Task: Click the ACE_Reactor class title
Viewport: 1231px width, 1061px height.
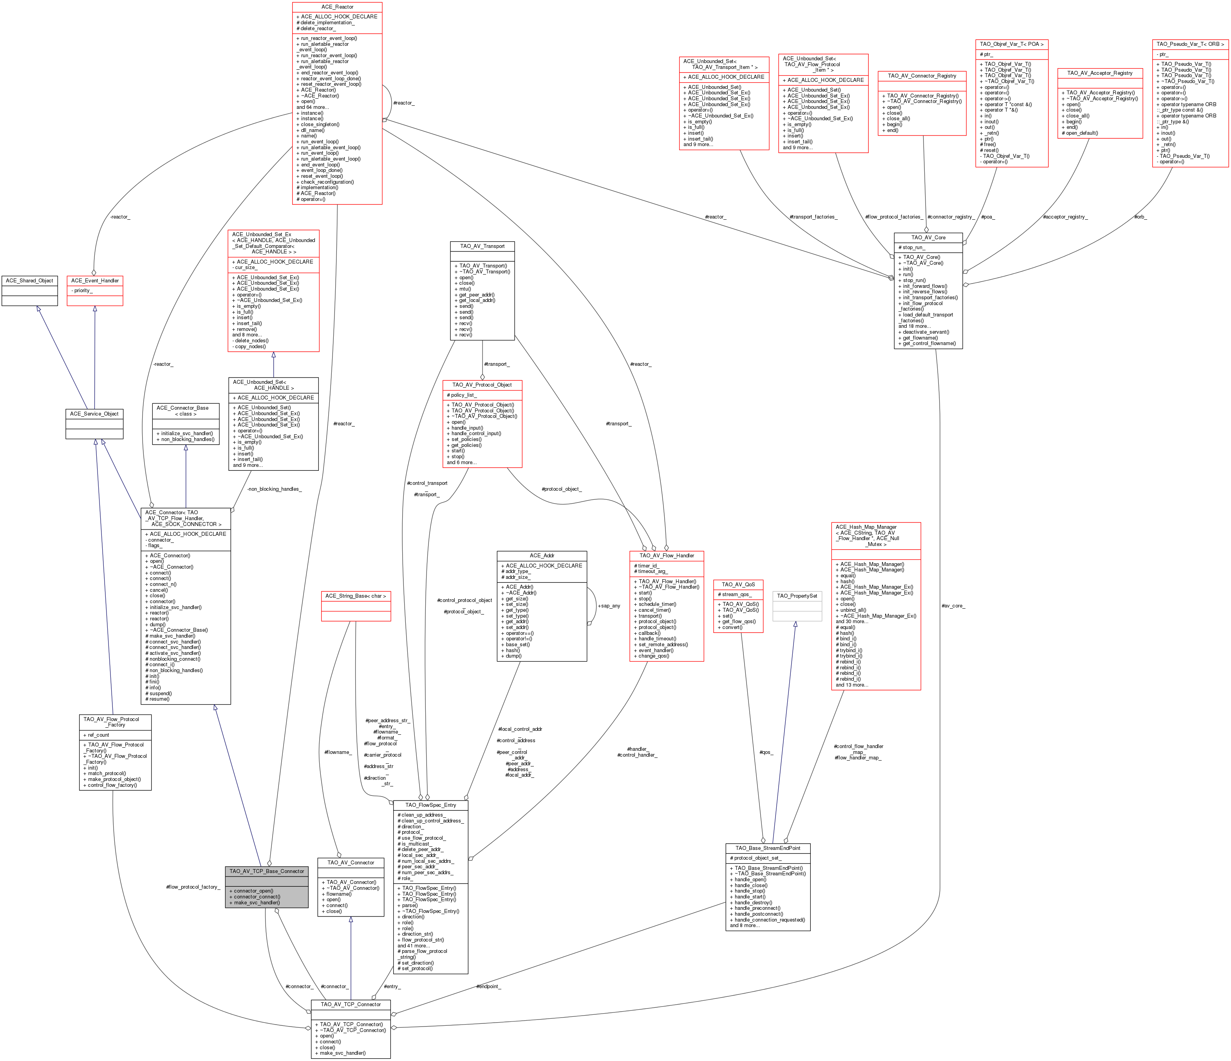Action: tap(337, 7)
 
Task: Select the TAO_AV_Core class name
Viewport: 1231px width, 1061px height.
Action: tap(928, 238)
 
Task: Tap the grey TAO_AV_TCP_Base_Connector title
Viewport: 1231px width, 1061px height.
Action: tap(267, 871)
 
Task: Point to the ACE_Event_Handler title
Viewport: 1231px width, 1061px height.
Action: tap(94, 280)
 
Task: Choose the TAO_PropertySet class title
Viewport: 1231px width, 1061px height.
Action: tap(797, 596)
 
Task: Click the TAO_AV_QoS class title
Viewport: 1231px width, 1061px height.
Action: tap(738, 585)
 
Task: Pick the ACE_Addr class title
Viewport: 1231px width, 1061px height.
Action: tap(542, 555)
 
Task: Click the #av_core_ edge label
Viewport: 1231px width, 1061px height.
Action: tap(953, 606)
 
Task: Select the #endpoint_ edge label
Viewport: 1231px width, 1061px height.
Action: tap(488, 987)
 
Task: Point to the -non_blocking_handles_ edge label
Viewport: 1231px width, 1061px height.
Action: tap(274, 489)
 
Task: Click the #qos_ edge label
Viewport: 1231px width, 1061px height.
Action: tap(766, 752)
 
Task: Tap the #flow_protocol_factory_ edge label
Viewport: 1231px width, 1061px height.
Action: tap(193, 887)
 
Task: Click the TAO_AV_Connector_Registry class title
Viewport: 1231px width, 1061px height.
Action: tap(922, 76)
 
